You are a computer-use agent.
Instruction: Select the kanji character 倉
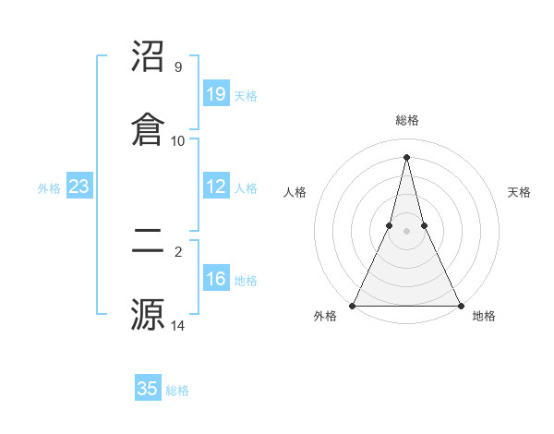(149, 127)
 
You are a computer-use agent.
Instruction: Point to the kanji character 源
(149, 312)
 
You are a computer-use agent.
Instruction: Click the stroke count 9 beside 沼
(178, 67)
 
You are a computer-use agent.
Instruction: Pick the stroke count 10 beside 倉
(178, 140)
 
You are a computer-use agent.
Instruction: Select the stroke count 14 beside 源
(178, 325)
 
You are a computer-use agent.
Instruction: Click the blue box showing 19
(216, 93)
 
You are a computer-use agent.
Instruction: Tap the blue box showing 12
(216, 187)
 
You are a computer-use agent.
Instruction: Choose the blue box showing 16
(216, 279)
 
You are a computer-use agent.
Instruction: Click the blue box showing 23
(79, 187)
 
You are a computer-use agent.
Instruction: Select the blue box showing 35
(148, 389)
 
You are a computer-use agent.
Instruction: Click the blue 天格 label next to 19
(246, 95)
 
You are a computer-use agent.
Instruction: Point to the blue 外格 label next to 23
(49, 187)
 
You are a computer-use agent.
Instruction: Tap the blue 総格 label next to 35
(177, 390)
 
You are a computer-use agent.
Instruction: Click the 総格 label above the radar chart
(407, 120)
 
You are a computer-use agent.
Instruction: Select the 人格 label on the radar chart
(295, 192)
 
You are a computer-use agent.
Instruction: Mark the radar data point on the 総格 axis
(406, 156)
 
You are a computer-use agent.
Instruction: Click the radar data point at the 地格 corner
(460, 305)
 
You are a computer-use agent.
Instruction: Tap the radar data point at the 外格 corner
(353, 305)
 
